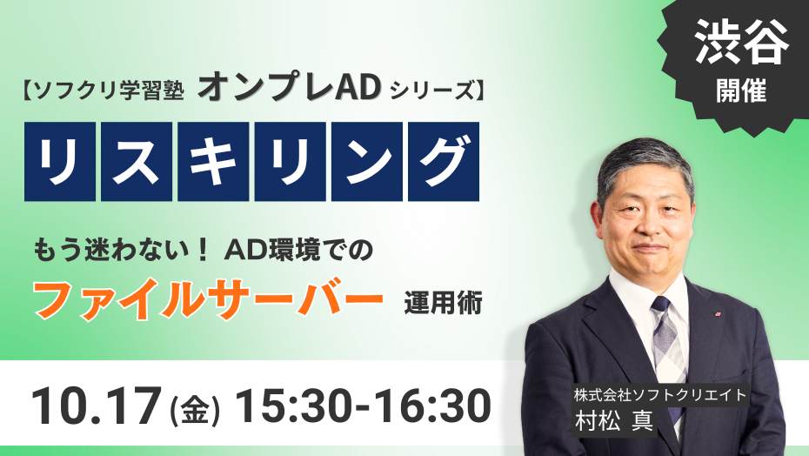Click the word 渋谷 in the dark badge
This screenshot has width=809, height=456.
tap(741, 44)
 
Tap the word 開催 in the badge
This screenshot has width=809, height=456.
tap(741, 91)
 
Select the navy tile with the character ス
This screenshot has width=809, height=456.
tap(137, 162)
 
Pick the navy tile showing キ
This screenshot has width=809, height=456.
tap(213, 162)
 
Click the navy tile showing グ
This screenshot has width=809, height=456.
tap(444, 162)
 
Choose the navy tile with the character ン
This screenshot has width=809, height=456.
tap(367, 162)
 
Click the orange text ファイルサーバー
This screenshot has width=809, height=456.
tap(209, 300)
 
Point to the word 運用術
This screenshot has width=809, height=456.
tap(443, 303)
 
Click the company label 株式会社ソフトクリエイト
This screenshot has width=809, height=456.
tap(660, 395)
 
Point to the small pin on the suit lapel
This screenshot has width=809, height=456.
tap(717, 313)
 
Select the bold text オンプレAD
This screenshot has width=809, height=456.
tap(289, 88)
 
